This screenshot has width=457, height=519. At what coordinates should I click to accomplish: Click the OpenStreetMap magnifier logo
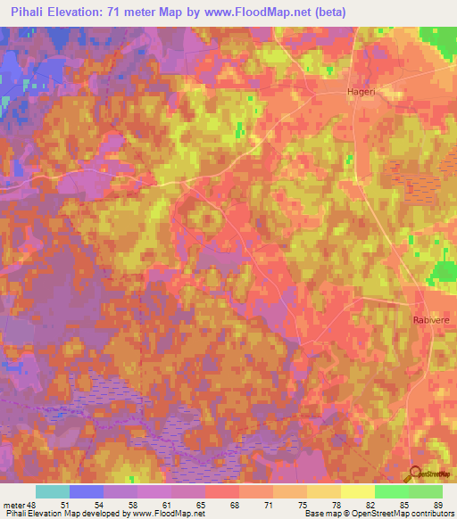click(x=417, y=474)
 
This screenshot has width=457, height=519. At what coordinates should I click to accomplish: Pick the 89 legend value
click(x=437, y=504)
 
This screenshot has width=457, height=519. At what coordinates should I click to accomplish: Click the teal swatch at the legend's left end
click(x=53, y=491)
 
